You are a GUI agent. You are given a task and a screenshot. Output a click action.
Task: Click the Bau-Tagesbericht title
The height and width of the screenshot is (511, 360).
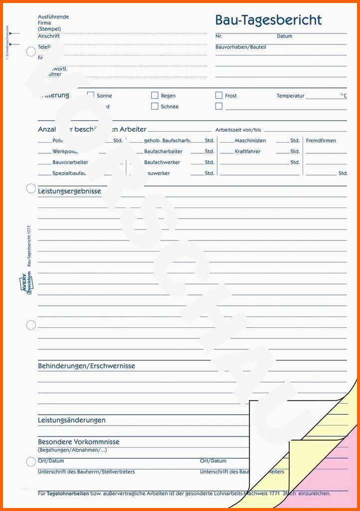point(268,20)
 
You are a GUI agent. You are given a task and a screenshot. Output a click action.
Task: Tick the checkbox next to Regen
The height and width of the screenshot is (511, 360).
point(155,95)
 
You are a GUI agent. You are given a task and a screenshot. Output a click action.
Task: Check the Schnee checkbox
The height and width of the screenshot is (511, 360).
point(155,106)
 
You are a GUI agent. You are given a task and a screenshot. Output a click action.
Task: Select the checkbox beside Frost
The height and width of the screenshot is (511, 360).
point(219,95)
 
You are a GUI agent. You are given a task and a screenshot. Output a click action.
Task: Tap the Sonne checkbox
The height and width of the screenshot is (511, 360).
point(91,95)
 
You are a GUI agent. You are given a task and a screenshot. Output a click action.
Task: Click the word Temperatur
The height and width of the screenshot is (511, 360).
point(290,96)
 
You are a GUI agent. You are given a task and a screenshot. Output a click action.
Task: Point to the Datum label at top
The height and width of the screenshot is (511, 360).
point(284,36)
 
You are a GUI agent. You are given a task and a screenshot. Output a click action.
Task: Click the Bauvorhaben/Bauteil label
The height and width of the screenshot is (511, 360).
point(240,47)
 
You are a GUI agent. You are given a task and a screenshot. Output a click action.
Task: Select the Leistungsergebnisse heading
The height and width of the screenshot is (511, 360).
point(69,191)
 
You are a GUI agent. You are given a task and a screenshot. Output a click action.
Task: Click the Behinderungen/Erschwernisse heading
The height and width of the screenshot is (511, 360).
point(86,366)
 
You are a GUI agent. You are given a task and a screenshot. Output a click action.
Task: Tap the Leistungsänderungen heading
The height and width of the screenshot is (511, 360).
point(72,420)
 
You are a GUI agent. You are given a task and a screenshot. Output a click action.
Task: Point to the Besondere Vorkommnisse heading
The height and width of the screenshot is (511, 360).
point(79,442)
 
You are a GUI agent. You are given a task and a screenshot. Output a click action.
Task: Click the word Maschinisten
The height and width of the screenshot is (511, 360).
point(250,141)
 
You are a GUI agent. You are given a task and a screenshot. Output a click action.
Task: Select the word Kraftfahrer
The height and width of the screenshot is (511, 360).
point(247,152)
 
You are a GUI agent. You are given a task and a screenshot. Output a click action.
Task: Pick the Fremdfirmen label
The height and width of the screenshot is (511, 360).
point(321,141)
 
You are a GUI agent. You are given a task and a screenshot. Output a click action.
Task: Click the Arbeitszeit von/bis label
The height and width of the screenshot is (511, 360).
point(238,130)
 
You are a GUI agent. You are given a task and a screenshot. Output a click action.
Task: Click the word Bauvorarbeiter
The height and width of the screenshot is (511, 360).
point(70,163)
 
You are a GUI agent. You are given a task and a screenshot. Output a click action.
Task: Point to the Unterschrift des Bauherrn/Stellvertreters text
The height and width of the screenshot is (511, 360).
point(86,472)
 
